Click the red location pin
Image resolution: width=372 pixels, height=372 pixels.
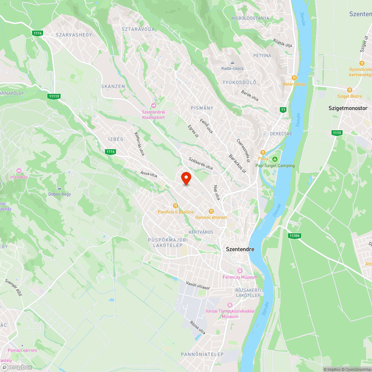click(x=186, y=178)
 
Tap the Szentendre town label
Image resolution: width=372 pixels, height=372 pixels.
click(x=240, y=249)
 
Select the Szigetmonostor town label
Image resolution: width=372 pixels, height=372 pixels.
click(x=345, y=108)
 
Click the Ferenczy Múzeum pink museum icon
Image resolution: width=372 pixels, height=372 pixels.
click(x=240, y=270)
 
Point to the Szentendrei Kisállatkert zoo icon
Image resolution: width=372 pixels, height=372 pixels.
click(x=154, y=105)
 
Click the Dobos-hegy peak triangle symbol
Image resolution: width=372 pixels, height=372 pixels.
click(x=60, y=187)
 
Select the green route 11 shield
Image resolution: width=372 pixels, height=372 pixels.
click(x=283, y=109)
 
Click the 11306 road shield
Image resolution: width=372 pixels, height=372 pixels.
click(x=294, y=235)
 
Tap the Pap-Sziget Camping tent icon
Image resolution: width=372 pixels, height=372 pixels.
click(x=275, y=159)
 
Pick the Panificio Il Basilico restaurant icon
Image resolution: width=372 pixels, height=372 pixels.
click(x=176, y=205)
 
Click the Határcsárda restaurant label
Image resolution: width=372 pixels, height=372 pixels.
click(x=294, y=84)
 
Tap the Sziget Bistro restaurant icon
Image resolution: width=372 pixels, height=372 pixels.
click(x=349, y=90)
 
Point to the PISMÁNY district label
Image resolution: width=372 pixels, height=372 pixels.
click(x=202, y=108)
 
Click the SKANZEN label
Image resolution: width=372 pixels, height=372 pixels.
click(x=113, y=86)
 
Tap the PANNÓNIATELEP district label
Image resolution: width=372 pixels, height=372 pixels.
click(x=202, y=354)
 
